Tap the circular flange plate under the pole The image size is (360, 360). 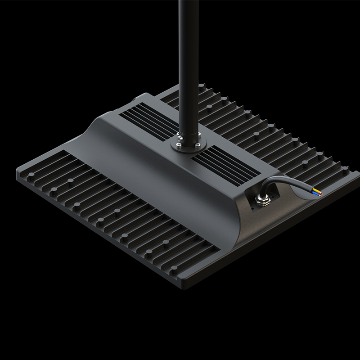(x=189, y=145)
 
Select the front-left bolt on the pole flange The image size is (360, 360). (x=178, y=146)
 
